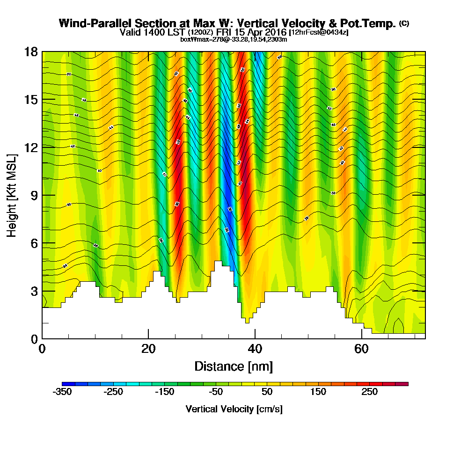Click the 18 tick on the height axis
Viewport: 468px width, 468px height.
pyautogui.click(x=31, y=52)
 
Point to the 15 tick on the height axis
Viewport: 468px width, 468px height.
pyautogui.click(x=31, y=100)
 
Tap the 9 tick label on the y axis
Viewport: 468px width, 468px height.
pyautogui.click(x=34, y=195)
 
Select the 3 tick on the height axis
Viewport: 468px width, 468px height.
pyautogui.click(x=34, y=291)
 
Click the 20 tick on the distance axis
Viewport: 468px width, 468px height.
pyautogui.click(x=148, y=349)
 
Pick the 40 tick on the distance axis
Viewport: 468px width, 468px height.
pyautogui.click(x=255, y=349)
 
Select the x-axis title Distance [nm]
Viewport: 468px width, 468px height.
pyautogui.click(x=234, y=366)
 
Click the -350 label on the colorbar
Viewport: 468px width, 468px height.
pyautogui.click(x=62, y=392)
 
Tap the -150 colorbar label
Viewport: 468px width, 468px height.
pyautogui.click(x=164, y=392)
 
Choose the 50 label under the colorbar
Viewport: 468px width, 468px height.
pyautogui.click(x=267, y=392)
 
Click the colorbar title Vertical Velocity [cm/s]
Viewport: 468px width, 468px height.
pyautogui.click(x=234, y=409)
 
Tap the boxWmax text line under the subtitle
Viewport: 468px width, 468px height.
pyautogui.click(x=234, y=39)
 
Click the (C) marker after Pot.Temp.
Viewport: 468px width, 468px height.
pyautogui.click(x=404, y=23)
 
